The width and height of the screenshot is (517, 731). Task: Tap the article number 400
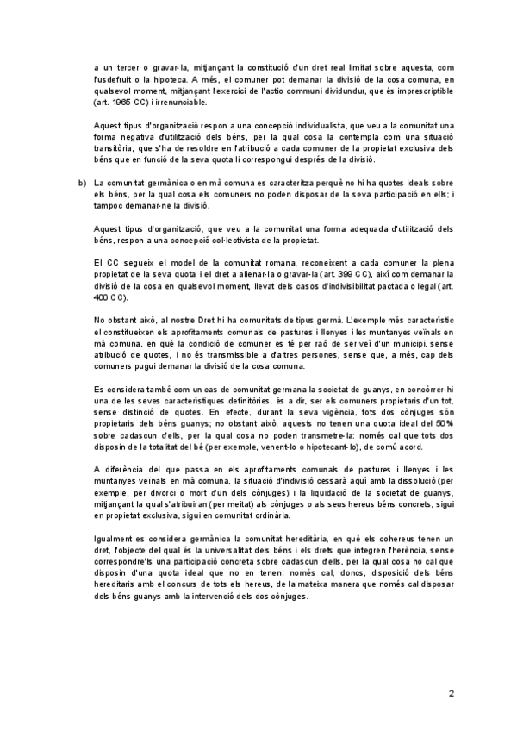pyautogui.click(x=104, y=297)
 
